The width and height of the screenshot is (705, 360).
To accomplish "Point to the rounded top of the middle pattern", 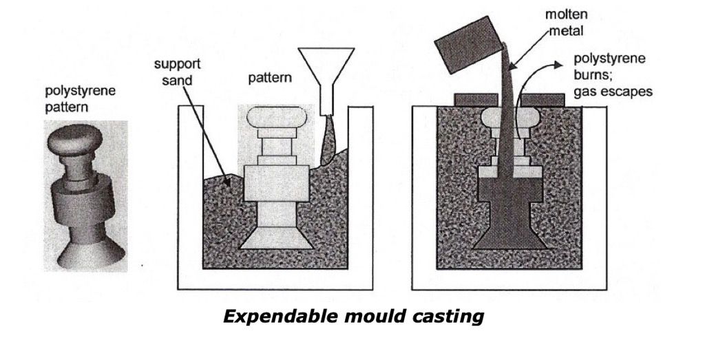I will pos(270,120).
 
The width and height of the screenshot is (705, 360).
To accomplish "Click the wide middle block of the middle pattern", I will pos(270,183).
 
